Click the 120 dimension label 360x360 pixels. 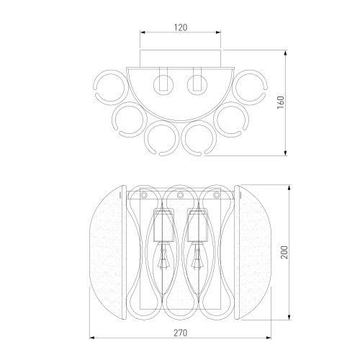[x=181, y=27]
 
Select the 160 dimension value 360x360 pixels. [x=281, y=102]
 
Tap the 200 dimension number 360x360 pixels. [x=284, y=252]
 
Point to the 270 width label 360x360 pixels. [x=180, y=333]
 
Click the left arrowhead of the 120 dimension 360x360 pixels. [x=143, y=32]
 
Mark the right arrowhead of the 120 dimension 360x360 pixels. [x=218, y=32]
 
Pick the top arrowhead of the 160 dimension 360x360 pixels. [x=285, y=53]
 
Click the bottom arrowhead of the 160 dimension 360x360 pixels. [x=285, y=153]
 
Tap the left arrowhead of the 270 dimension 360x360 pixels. [x=92, y=338]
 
